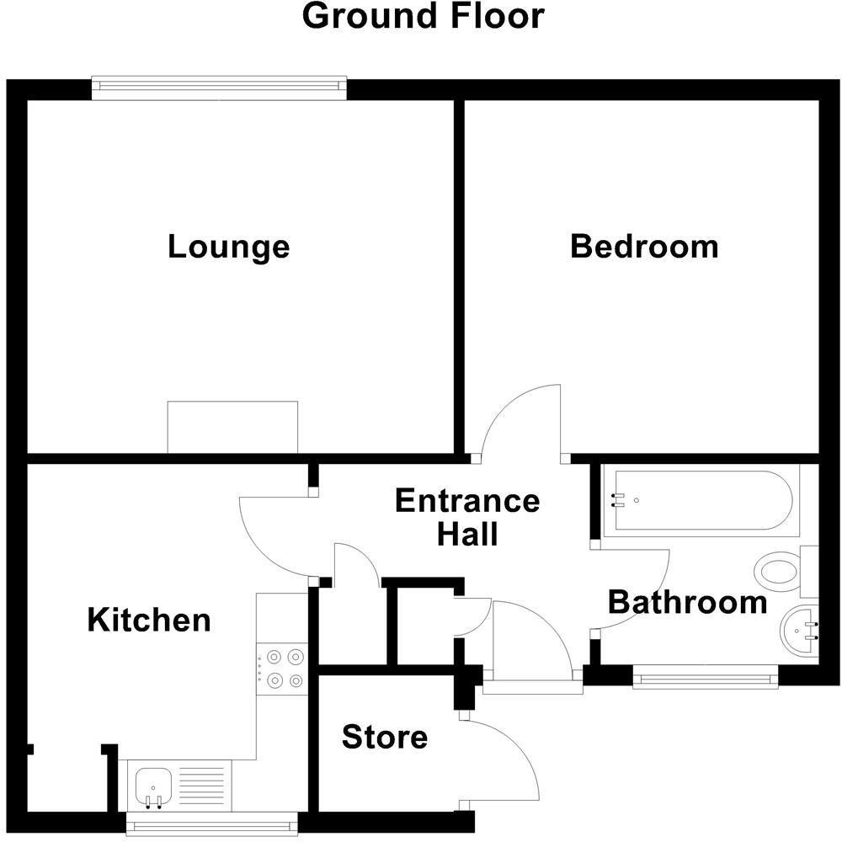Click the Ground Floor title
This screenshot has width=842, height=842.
click(423, 17)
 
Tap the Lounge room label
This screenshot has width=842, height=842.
click(228, 247)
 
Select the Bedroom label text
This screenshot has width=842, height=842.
click(644, 247)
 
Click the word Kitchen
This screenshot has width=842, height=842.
click(149, 621)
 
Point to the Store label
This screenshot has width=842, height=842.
click(384, 738)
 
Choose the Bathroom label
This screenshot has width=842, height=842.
click(687, 602)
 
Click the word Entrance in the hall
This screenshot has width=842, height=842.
click(467, 501)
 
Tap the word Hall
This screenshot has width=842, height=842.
click(467, 534)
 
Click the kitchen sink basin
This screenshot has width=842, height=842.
click(153, 786)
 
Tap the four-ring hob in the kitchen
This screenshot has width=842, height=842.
click(283, 668)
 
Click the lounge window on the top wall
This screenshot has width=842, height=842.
click(219, 87)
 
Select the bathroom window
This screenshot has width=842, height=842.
click(706, 677)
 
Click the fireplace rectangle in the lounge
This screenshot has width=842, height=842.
click(232, 426)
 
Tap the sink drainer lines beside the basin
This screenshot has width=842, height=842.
click(203, 786)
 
